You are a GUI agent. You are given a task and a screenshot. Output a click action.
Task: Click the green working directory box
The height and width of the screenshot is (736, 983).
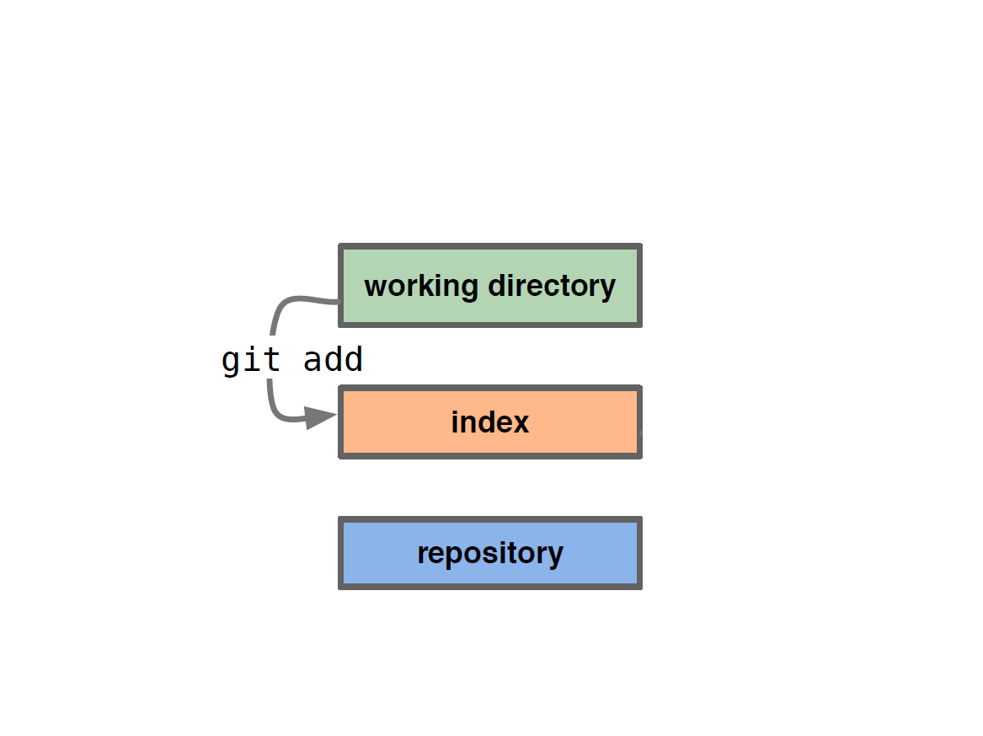tap(490, 286)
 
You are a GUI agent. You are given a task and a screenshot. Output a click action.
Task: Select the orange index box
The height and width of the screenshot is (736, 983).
tap(490, 422)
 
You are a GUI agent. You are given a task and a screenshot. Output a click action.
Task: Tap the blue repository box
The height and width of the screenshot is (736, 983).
tap(490, 553)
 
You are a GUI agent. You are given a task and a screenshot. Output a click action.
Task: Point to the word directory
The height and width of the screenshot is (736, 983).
tap(552, 287)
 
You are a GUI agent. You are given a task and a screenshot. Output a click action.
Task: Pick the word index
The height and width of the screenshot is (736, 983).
tap(490, 422)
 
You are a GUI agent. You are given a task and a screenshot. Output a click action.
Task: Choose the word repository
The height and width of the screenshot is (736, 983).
tap(490, 554)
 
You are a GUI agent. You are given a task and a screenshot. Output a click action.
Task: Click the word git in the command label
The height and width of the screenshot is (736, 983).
tap(251, 360)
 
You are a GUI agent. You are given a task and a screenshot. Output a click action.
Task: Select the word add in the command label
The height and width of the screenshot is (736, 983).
tap(333, 359)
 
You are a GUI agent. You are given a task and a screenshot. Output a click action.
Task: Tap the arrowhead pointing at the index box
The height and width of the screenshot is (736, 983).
tap(321, 417)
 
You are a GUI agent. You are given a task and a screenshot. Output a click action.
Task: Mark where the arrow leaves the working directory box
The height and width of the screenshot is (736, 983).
tap(338, 303)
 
